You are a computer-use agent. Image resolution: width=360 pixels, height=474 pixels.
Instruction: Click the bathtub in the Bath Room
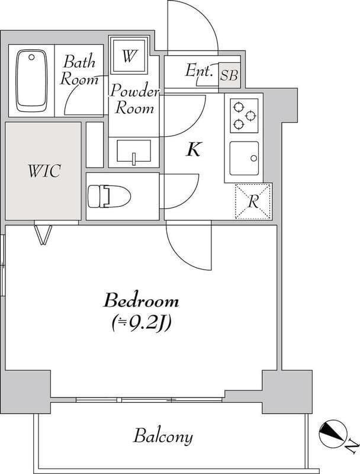(x=31, y=81)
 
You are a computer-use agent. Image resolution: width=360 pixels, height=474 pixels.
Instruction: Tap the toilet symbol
(x=109, y=197)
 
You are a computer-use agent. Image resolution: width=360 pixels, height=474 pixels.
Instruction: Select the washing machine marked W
(x=129, y=55)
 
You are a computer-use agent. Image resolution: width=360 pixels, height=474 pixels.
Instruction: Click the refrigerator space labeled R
(x=253, y=201)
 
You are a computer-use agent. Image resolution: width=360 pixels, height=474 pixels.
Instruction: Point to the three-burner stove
(x=244, y=116)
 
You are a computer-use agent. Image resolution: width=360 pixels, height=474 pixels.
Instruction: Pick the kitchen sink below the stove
(x=244, y=158)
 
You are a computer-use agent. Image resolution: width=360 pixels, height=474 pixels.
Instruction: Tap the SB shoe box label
(x=229, y=75)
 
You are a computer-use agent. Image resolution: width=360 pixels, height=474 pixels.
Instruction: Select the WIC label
(x=44, y=171)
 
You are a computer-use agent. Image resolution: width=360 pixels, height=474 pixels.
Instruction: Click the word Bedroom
(x=142, y=301)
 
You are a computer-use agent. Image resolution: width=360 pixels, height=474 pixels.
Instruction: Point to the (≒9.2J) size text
(x=142, y=324)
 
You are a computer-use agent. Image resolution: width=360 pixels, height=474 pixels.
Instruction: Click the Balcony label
(x=163, y=437)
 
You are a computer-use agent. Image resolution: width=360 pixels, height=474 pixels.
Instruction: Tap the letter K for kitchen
(x=193, y=149)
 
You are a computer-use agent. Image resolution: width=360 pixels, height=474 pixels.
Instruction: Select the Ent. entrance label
(x=199, y=71)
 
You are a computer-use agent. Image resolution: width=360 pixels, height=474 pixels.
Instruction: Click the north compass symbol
(x=333, y=434)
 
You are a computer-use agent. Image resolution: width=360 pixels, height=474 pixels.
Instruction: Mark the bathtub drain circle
(x=31, y=57)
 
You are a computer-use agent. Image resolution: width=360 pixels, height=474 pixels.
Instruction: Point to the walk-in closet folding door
(x=43, y=234)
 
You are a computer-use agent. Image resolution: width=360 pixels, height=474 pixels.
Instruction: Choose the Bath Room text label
(x=79, y=70)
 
